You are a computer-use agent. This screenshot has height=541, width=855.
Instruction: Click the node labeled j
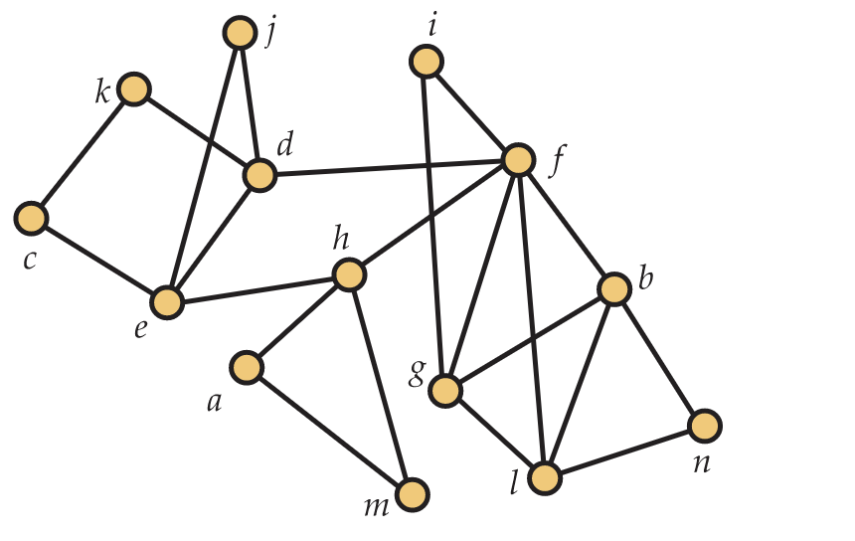(x=240, y=34)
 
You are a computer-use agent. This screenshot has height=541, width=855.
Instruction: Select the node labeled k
(x=133, y=90)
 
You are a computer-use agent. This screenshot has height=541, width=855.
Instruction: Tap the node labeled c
(x=32, y=217)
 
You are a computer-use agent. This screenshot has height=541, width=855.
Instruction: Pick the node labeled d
(x=259, y=176)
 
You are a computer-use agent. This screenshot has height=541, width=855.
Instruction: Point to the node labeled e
(x=168, y=301)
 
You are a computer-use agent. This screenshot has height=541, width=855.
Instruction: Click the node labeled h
(x=349, y=274)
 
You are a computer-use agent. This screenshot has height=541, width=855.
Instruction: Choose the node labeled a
(x=247, y=368)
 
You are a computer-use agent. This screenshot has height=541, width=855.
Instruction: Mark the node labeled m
(x=412, y=494)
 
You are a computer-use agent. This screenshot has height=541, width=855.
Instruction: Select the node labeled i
(x=426, y=63)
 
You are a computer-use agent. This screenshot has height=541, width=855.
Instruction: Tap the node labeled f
(x=519, y=159)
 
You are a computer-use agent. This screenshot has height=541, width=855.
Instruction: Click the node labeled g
(x=445, y=391)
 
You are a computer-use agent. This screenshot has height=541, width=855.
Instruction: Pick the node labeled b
(x=614, y=289)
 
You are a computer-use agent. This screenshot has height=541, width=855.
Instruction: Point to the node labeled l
(x=545, y=478)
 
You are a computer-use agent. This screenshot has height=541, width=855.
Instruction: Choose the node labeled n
(x=705, y=426)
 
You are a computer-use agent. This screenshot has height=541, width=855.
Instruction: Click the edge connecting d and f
(x=389, y=168)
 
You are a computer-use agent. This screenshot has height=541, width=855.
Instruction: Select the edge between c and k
(x=83, y=153)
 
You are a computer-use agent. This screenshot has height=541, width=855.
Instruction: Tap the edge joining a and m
(x=329, y=431)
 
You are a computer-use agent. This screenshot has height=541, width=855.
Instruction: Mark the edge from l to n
(x=624, y=452)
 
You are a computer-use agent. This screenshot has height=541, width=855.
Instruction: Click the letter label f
(x=557, y=160)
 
